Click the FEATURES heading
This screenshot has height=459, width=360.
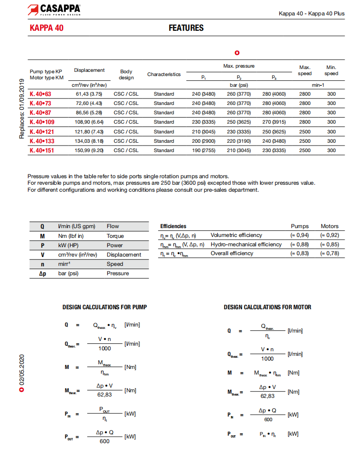click(186, 28)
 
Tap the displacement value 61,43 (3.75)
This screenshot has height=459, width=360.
click(89, 94)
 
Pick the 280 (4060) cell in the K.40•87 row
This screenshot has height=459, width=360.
click(274, 112)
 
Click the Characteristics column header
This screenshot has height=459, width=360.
click(164, 74)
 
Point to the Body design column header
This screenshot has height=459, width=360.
click(126, 75)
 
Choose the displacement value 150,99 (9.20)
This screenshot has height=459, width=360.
click(89, 150)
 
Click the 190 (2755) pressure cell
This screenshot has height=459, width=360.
click(203, 150)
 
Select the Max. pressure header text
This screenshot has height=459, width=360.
click(239, 66)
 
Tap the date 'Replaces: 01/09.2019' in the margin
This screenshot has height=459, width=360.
click(22, 109)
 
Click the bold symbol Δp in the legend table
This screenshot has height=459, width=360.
click(42, 273)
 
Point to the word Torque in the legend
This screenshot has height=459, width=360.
click(115, 236)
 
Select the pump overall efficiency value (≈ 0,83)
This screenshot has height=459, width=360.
click(299, 253)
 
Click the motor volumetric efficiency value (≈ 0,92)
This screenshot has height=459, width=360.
click(330, 235)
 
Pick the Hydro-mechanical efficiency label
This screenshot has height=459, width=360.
click(246, 244)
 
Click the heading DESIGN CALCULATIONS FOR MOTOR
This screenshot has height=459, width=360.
click(267, 307)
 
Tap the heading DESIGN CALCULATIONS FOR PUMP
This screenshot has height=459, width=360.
click(104, 307)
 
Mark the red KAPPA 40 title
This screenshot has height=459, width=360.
click(47, 28)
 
